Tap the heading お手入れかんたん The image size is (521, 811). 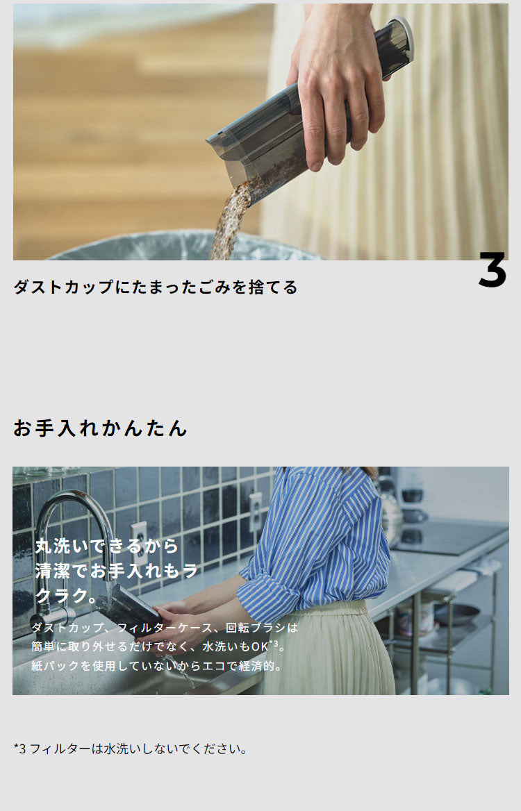(100, 428)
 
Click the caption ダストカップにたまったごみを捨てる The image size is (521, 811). (155, 287)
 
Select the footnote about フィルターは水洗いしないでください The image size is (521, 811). (131, 749)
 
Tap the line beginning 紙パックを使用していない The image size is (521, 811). (156, 666)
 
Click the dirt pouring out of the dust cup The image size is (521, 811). (233, 215)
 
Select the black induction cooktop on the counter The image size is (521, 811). (445, 539)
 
